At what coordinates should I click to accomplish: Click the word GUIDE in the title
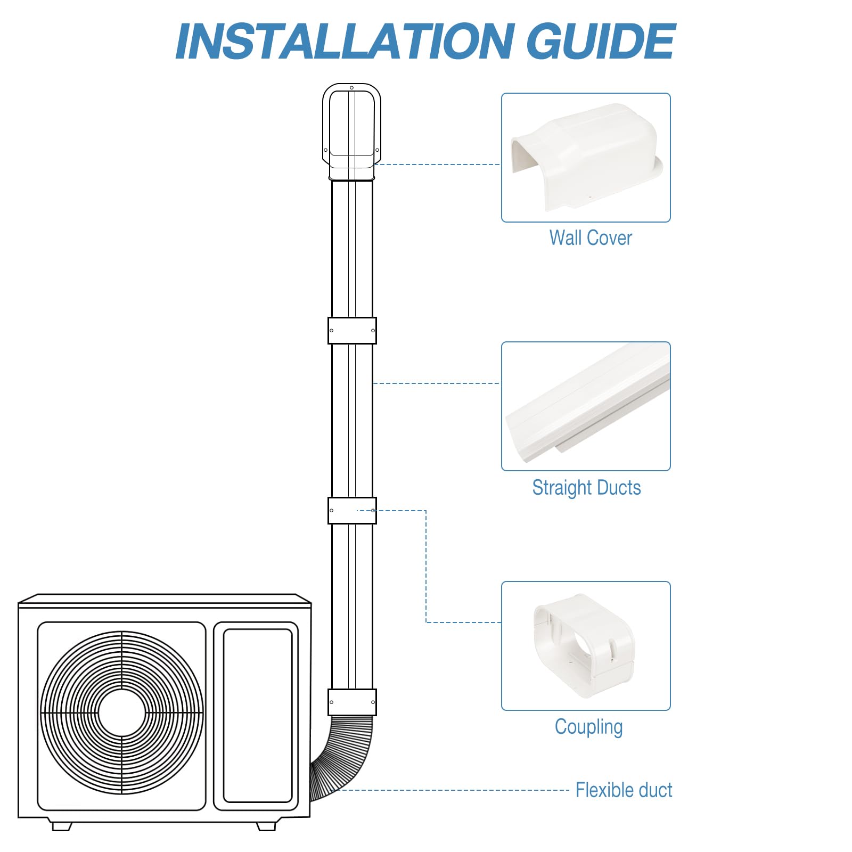[x=600, y=42]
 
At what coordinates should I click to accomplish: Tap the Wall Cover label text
[x=590, y=238]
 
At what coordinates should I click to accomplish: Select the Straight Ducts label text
[x=586, y=488]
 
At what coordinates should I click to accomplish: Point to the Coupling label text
[x=588, y=727]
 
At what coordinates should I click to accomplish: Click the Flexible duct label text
[x=624, y=790]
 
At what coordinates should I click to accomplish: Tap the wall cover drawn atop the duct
[x=351, y=130]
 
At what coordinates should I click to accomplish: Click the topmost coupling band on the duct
[x=352, y=331]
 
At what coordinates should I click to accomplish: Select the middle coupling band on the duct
[x=352, y=511]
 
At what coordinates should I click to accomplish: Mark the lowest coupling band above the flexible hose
[x=352, y=702]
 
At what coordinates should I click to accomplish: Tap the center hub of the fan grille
[x=122, y=713]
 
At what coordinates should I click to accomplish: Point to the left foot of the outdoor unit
[x=62, y=826]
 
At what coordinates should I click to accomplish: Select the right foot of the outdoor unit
[x=266, y=826]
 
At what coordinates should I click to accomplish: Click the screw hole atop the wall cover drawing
[x=351, y=88]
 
